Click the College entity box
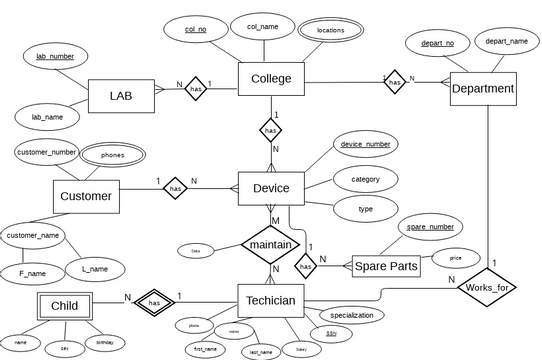[x=271, y=79]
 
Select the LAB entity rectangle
[x=120, y=96]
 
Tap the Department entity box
[x=483, y=89]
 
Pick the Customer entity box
[x=86, y=196]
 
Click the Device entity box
[x=271, y=188]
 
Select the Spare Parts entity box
[x=386, y=267]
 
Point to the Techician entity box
[x=271, y=300]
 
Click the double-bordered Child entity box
[x=64, y=305]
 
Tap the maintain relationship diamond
[x=271, y=244]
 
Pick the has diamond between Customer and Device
[x=175, y=187]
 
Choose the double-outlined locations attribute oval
[x=330, y=30]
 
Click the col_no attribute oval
[x=195, y=30]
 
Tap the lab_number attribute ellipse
[x=55, y=56]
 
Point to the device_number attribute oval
[x=365, y=144]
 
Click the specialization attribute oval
[x=351, y=315]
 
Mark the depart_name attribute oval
[x=506, y=41]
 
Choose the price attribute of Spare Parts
[x=456, y=258]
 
